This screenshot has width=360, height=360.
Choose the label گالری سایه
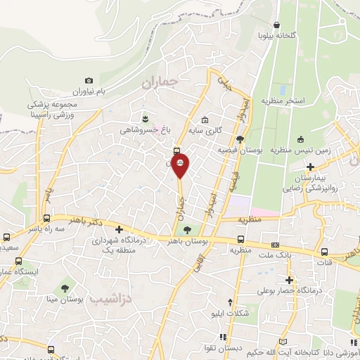(208, 130)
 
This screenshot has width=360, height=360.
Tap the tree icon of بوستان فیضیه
(240, 139)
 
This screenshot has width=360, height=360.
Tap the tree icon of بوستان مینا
(65, 287)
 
